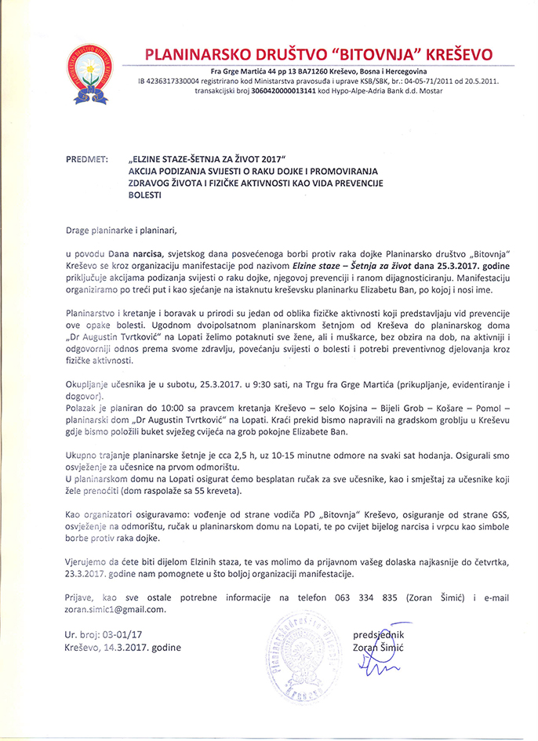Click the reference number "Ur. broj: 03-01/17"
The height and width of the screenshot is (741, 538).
pyautogui.click(x=107, y=635)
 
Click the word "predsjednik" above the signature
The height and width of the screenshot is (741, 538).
pyautogui.click(x=382, y=634)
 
